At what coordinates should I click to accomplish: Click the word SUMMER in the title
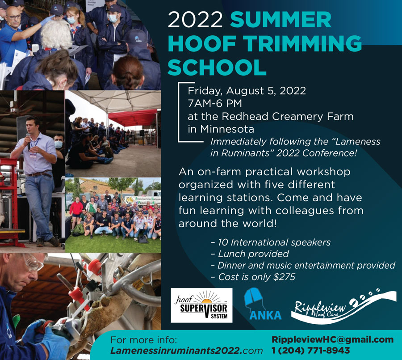(x=281, y=20)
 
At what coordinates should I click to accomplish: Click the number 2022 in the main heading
(x=195, y=20)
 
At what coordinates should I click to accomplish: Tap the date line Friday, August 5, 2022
(x=247, y=91)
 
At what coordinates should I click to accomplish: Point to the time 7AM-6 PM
(x=215, y=104)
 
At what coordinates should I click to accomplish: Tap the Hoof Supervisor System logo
(x=201, y=305)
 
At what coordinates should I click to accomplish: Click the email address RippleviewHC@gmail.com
(x=332, y=340)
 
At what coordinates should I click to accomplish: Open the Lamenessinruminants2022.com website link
(x=186, y=351)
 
